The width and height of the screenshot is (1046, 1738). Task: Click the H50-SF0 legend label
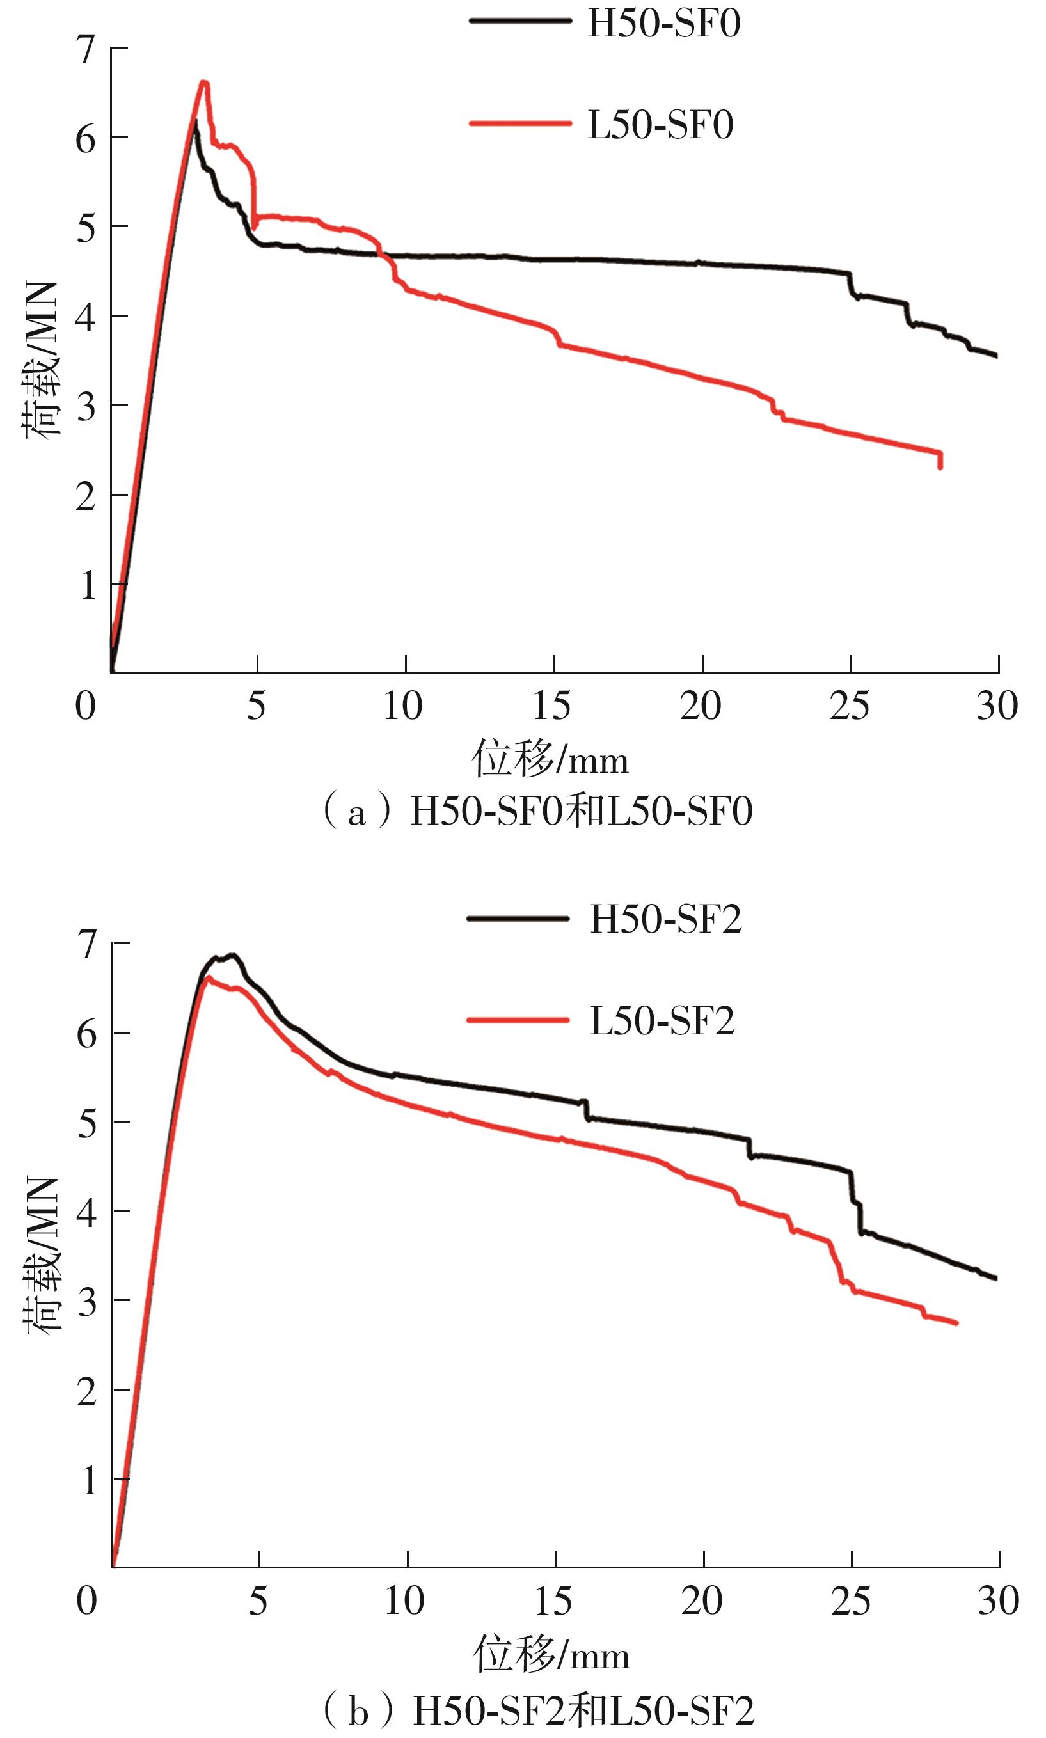coord(663,23)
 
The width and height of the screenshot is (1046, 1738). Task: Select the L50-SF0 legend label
coord(660,125)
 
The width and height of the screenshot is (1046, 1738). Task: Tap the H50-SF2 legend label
coord(665,919)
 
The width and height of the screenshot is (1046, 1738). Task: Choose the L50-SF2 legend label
coord(662,1020)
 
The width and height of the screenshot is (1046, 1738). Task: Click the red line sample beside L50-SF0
coord(520,124)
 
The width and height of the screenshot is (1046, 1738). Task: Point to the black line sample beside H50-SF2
coord(518,919)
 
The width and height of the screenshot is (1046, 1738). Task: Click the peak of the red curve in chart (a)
coord(203,83)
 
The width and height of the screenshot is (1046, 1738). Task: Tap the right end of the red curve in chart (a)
coord(940,466)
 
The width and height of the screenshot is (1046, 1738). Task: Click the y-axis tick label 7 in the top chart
coord(86,49)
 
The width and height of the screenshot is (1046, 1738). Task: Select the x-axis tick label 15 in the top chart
coord(552,706)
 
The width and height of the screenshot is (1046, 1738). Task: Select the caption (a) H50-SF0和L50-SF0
coord(537,811)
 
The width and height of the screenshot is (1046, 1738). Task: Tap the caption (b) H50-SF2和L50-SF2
coord(539,1706)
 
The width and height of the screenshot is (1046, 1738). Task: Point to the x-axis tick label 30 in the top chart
coord(997,706)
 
